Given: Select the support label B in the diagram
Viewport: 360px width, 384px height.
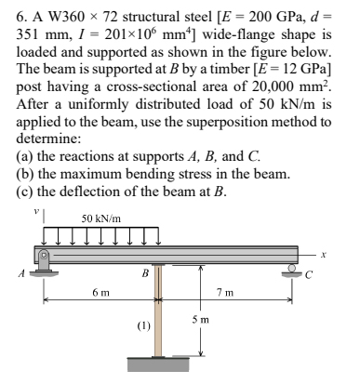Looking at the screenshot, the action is point(143,272).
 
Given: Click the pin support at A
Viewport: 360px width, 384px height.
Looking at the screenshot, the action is point(42,261).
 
